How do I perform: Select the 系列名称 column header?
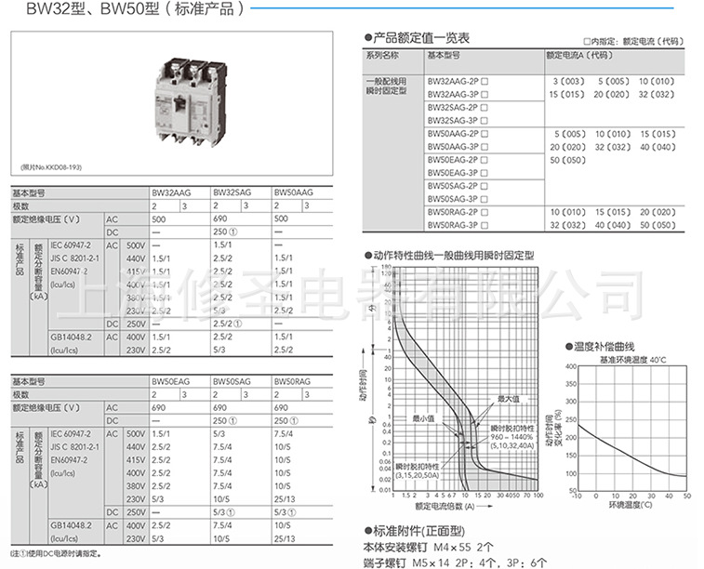tap(381, 56)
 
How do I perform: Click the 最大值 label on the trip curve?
tap(507, 399)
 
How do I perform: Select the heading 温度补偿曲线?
tap(609, 347)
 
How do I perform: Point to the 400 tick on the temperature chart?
tap(571, 366)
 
